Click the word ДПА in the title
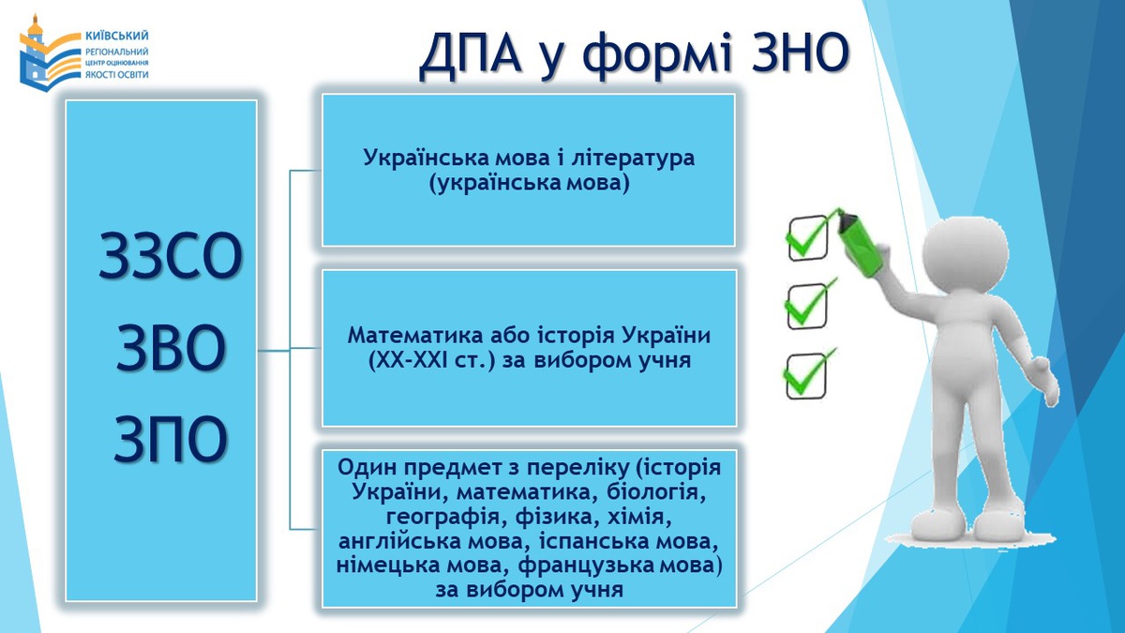coord(470,53)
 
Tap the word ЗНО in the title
coord(800,52)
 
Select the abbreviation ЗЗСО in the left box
coord(171,256)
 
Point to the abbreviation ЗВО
coord(171,348)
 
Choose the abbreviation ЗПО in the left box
coord(171,439)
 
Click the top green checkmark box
coord(807,238)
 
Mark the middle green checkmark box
coord(806,306)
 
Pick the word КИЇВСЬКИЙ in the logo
coord(117,37)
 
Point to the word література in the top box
coord(627,158)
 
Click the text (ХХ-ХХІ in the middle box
coord(408,361)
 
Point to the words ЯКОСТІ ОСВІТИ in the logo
coord(117,75)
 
